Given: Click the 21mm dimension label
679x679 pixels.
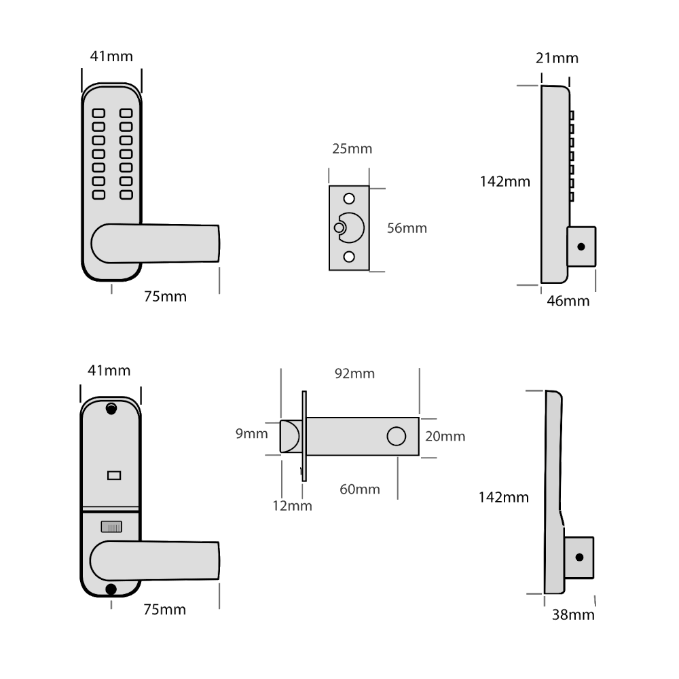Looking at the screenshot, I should [x=557, y=58].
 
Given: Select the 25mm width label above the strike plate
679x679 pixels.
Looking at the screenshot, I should [x=352, y=149].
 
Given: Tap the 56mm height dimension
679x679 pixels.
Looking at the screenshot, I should [x=407, y=228].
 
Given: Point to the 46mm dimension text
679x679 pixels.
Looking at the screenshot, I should [x=568, y=301].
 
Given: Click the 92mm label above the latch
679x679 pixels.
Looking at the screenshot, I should [x=355, y=374].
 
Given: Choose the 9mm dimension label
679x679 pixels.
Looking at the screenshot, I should [x=251, y=434].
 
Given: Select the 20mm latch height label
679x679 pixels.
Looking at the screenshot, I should [x=445, y=436].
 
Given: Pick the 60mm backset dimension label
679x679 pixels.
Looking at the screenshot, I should [x=359, y=489].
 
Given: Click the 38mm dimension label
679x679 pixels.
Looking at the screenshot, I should [x=572, y=615].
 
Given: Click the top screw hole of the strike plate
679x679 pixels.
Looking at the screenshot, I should [x=350, y=198].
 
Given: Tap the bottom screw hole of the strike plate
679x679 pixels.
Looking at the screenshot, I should [x=350, y=256].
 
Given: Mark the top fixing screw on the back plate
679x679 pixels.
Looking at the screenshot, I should [x=111, y=409].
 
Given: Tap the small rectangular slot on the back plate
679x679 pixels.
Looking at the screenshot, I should [x=111, y=476].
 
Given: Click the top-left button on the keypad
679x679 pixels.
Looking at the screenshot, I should [x=98, y=113].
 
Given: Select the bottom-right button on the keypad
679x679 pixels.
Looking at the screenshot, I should [x=126, y=195].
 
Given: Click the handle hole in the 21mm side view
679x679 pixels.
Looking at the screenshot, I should [x=581, y=246].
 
